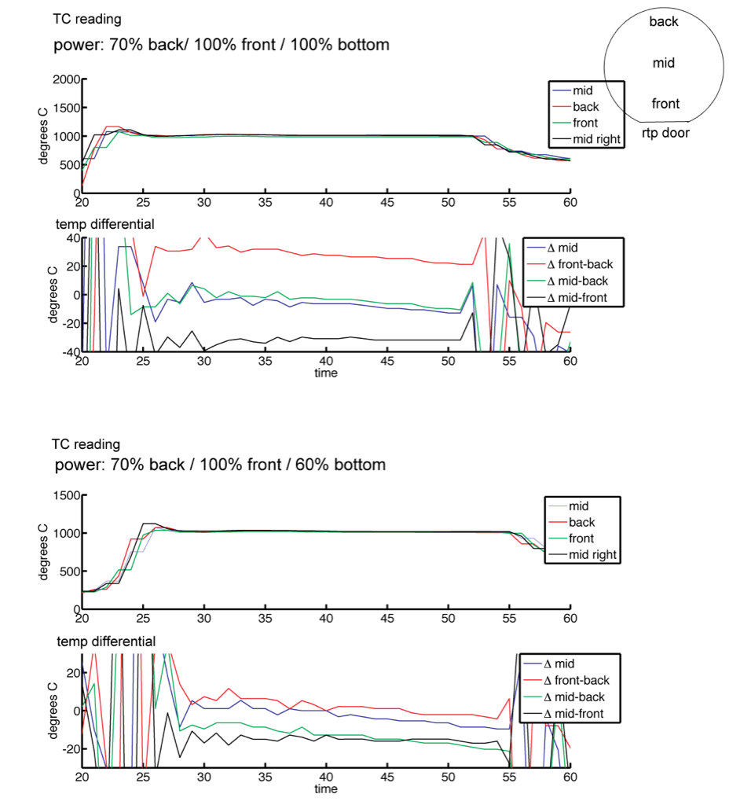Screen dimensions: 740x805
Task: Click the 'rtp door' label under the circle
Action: [x=665, y=133]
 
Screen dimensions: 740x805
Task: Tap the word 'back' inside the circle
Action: [x=664, y=21]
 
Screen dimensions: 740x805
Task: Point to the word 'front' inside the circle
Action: [x=665, y=104]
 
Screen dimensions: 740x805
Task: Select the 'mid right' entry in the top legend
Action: [x=596, y=139]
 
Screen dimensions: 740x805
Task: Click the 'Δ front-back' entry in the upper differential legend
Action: [x=580, y=264]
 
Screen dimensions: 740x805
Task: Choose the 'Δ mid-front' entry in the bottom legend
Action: [x=573, y=714]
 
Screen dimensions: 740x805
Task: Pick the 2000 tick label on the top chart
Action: [x=66, y=79]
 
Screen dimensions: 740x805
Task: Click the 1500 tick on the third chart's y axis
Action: [x=67, y=495]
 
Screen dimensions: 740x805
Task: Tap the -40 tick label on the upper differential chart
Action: [x=71, y=352]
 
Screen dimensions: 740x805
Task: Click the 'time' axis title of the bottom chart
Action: [x=326, y=789]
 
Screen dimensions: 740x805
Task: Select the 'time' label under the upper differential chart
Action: [x=326, y=373]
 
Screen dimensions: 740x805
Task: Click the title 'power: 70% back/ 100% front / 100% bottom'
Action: [x=222, y=45]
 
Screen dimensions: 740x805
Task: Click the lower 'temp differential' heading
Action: [x=106, y=641]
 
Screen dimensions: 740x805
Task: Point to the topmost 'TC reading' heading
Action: [x=86, y=20]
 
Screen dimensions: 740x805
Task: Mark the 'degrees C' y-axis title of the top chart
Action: [x=43, y=136]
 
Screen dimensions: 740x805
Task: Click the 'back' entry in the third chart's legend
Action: [x=581, y=523]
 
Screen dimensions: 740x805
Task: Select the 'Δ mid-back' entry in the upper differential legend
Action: [x=577, y=281]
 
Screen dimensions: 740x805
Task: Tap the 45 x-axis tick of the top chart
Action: [x=387, y=203]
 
